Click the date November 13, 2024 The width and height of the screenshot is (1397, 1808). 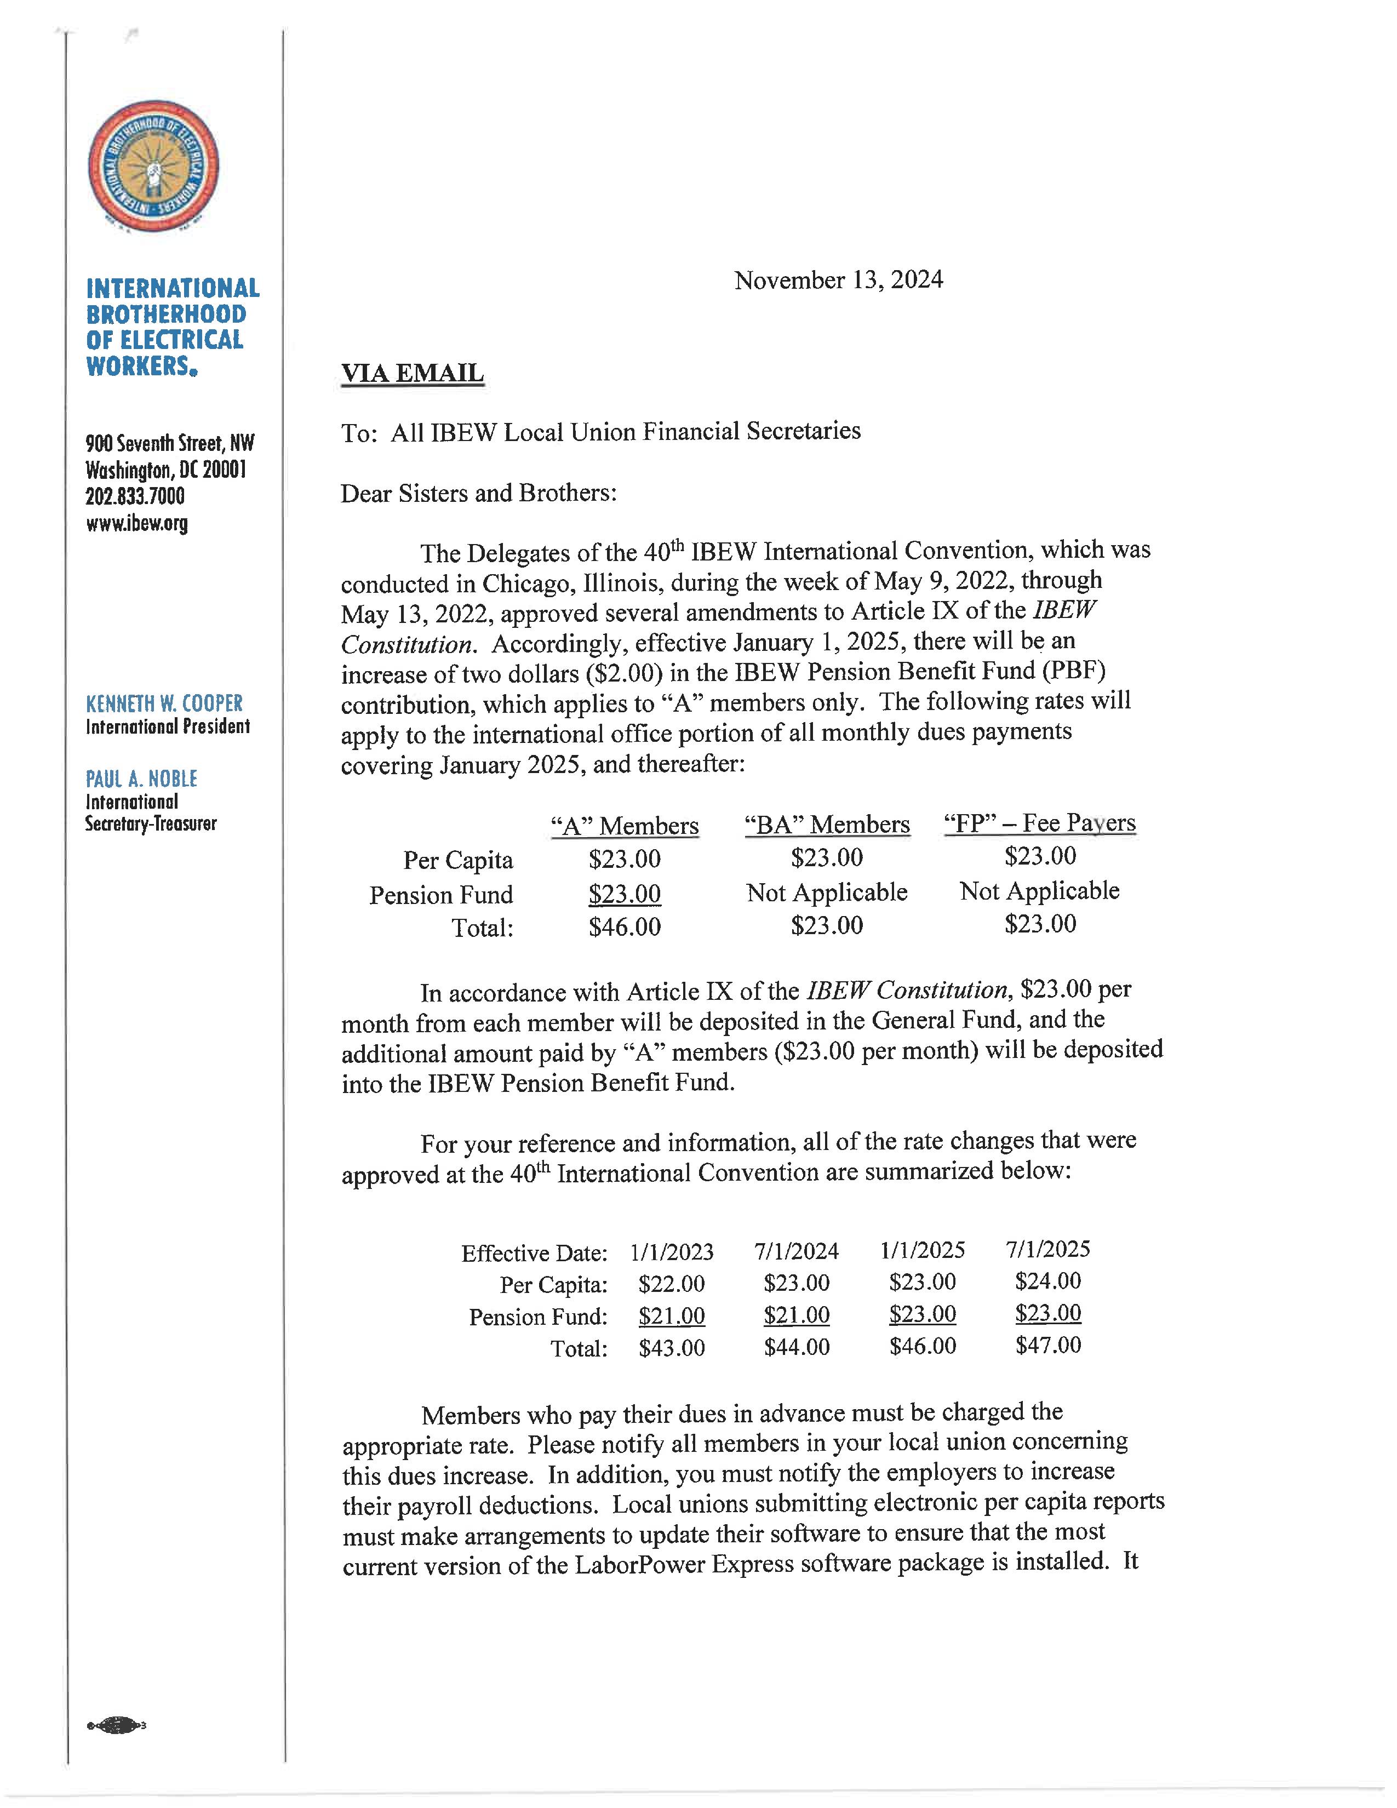(838, 280)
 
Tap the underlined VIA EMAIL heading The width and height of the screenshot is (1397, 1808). (412, 373)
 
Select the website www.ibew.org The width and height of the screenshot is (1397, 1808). (136, 523)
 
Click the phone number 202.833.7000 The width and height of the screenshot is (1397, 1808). (135, 497)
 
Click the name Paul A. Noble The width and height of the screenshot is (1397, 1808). (141, 779)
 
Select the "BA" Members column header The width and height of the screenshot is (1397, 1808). (826, 825)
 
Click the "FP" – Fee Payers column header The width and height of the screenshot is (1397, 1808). (1039, 823)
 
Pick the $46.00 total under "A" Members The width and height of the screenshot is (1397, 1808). (624, 926)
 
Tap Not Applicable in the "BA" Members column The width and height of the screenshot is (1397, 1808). (826, 892)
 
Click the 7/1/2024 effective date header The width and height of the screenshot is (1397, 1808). (796, 1250)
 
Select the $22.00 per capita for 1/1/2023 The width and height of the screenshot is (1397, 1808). (671, 1284)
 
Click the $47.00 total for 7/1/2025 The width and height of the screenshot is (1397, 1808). (1047, 1344)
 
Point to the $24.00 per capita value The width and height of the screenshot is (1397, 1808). (1047, 1281)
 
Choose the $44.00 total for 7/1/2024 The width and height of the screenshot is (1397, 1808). (796, 1347)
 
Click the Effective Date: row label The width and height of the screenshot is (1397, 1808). (534, 1252)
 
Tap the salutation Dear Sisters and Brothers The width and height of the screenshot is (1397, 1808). (478, 494)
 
